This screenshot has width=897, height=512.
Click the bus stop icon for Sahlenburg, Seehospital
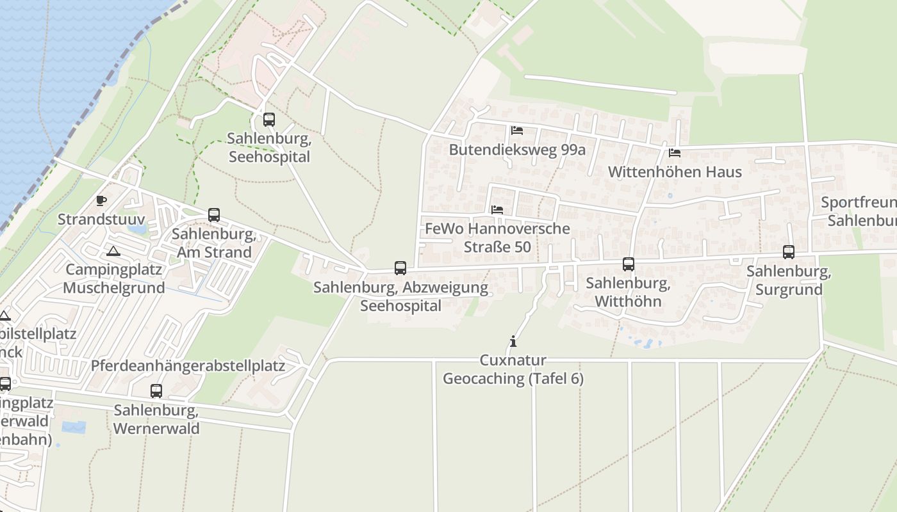[x=269, y=120]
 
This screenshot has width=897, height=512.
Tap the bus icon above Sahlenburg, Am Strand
[x=214, y=215]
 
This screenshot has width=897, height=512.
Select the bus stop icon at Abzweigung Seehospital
[x=400, y=268]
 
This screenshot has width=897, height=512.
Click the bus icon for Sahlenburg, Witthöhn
[x=629, y=264]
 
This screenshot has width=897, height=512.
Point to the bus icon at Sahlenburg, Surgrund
[x=789, y=252]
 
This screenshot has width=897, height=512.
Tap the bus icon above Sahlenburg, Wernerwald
[x=156, y=391]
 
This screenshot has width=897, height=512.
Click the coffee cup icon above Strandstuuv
[x=101, y=201]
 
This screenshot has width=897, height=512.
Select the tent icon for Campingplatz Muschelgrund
[x=113, y=250]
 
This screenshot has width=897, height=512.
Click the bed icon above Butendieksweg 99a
[x=517, y=131]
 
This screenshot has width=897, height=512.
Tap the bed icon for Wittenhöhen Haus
[x=675, y=153]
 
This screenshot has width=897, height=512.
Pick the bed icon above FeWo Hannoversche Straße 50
[x=497, y=209]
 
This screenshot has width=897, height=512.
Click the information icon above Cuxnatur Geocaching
[x=513, y=341]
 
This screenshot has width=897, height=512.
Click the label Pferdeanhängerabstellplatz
[x=188, y=366]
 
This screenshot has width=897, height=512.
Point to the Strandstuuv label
[x=101, y=220]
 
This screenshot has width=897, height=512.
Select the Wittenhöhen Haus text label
[x=675, y=172]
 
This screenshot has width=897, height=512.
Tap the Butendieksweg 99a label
[x=517, y=150]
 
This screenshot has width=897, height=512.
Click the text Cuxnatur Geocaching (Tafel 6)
[x=513, y=369]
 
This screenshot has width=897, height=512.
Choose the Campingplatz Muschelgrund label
[x=115, y=278]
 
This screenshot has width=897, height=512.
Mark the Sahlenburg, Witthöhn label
[x=629, y=292]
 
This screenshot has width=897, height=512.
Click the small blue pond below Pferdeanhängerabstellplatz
[x=73, y=426]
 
